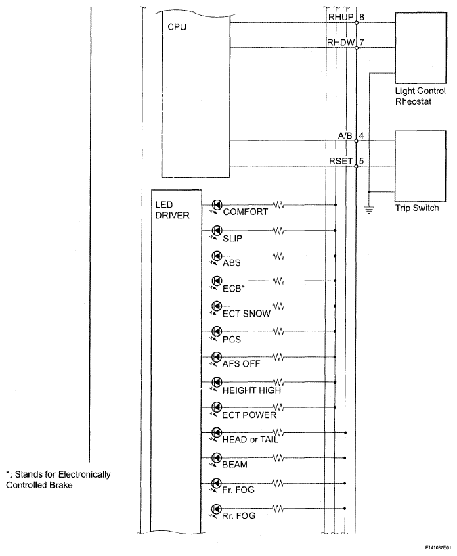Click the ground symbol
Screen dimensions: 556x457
[369, 210]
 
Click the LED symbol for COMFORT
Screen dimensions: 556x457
[217, 204]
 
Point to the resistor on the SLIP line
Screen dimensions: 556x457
[278, 230]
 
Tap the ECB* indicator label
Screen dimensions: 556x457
[234, 289]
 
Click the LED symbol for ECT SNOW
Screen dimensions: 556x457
[217, 306]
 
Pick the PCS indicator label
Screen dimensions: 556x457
[232, 339]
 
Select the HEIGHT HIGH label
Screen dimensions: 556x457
[252, 390]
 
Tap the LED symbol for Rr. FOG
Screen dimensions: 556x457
[217, 507]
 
